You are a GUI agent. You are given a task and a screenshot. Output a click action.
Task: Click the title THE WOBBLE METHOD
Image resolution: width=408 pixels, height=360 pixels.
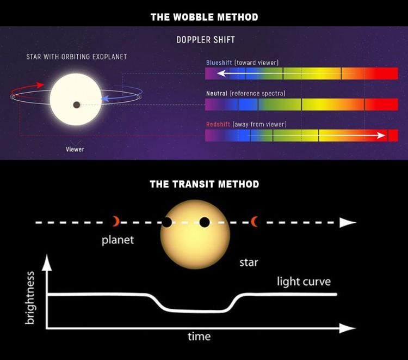[x=204, y=17]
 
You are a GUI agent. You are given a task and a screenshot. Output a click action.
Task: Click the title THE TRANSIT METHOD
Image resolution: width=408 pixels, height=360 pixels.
[x=204, y=184]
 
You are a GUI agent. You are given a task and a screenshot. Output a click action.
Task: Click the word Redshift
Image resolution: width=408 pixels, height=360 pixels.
[x=218, y=125]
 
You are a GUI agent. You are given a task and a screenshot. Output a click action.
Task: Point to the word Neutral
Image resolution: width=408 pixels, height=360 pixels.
[x=217, y=94]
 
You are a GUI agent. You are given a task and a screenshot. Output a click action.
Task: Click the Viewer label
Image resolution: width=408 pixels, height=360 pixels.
[x=75, y=149]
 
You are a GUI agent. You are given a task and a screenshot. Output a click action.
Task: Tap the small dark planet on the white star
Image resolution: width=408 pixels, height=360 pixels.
[x=77, y=105]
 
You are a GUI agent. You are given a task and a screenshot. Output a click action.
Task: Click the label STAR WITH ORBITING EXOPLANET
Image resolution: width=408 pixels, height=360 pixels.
[x=77, y=57]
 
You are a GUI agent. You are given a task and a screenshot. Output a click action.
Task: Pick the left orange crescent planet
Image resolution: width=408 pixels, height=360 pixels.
[x=115, y=221]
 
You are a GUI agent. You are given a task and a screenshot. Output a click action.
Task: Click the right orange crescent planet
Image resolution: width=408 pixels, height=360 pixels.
[x=254, y=221]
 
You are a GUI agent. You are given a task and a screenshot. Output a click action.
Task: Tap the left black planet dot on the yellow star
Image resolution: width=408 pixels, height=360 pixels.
[x=166, y=222]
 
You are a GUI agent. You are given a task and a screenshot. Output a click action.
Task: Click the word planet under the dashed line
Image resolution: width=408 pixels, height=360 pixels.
[x=118, y=240]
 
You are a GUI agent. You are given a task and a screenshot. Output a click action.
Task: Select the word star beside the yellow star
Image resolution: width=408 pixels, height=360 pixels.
[x=249, y=263]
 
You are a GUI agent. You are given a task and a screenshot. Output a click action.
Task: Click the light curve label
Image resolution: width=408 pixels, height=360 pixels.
[x=304, y=282]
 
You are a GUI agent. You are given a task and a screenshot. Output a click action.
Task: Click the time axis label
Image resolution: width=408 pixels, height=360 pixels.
[x=199, y=337]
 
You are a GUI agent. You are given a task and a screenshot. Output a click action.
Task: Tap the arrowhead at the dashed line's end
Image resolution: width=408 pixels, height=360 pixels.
[x=347, y=222]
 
